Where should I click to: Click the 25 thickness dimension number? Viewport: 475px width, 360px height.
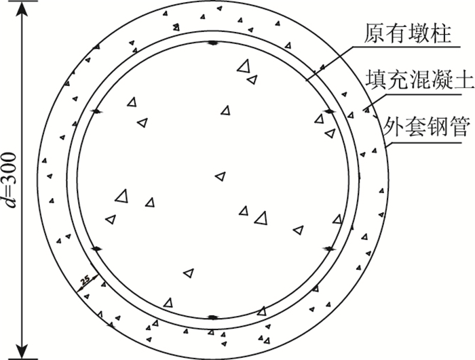click(x=84, y=279)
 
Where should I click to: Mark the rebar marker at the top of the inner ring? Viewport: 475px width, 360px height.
click(x=212, y=43)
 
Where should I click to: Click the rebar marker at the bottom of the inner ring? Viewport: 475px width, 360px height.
click(x=212, y=317)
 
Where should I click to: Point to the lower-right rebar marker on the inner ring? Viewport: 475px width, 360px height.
click(x=329, y=249)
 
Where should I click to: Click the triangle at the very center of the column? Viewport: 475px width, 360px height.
click(x=219, y=176)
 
